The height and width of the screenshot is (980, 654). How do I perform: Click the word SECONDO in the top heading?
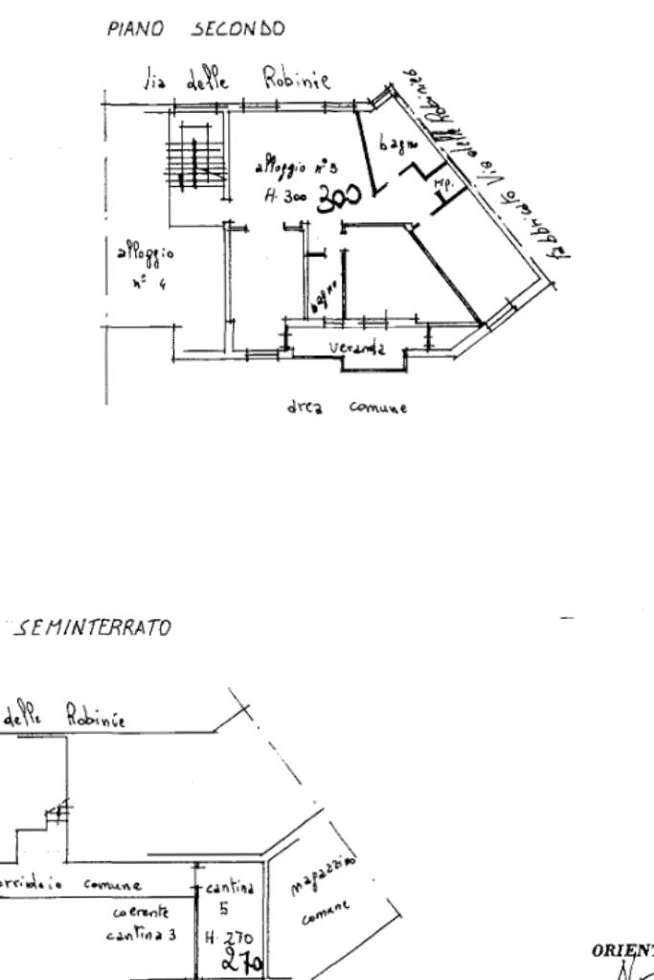coord(238,30)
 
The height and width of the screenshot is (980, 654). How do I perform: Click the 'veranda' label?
coord(357,349)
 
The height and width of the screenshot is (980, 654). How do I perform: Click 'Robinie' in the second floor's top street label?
coord(298,82)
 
